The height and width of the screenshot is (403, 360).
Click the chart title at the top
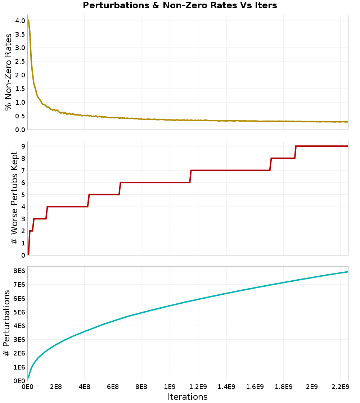tap(180, 5)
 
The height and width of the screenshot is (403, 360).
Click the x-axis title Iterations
tap(188, 397)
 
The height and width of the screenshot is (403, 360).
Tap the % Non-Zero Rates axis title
tap(8, 72)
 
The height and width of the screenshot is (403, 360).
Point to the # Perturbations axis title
tap(6, 323)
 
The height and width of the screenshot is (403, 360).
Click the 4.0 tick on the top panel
tap(20, 21)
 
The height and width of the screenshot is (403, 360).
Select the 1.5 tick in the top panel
tap(20, 89)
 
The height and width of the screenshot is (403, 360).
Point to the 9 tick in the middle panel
tap(23, 146)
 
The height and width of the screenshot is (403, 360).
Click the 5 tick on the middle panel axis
tap(23, 195)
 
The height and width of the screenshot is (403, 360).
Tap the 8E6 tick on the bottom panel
tap(19, 271)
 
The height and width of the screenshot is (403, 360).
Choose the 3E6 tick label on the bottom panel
tap(19, 340)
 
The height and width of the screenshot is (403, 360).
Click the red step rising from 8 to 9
tap(296, 152)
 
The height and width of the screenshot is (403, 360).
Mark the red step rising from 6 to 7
tap(190, 176)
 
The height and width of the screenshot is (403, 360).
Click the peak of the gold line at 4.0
tap(28, 20)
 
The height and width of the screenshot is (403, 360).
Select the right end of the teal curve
tap(348, 272)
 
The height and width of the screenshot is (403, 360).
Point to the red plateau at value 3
tap(40, 219)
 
